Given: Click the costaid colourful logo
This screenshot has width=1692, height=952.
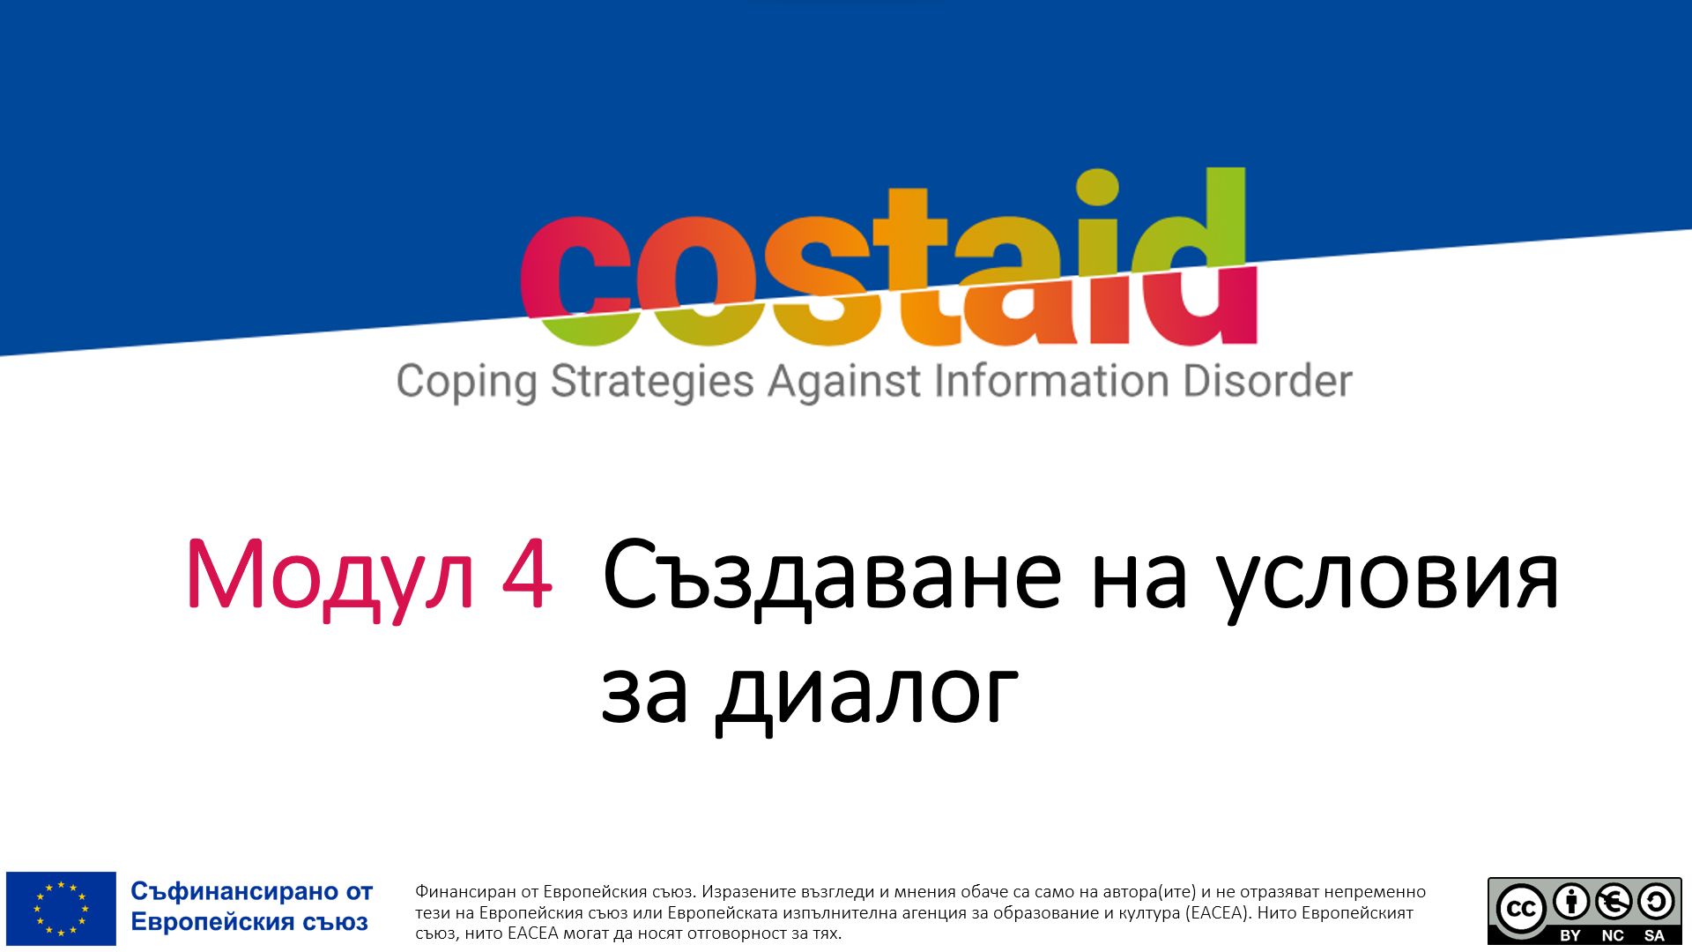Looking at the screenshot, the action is tap(888, 257).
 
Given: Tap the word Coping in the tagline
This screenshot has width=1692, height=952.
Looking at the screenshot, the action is tap(466, 383).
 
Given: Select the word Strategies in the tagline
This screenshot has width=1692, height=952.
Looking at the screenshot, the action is tap(652, 383).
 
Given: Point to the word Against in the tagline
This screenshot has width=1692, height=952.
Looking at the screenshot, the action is tap(844, 382).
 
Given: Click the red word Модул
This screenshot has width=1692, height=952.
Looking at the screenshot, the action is tap(330, 578).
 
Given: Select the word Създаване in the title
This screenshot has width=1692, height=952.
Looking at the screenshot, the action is tap(832, 578).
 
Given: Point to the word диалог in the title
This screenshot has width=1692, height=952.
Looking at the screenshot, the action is tap(867, 695).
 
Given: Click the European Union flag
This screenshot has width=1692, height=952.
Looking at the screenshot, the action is tap(61, 909).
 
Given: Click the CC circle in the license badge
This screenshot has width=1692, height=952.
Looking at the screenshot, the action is tap(1521, 909).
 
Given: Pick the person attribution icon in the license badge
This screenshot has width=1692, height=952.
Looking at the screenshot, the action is tap(1571, 902).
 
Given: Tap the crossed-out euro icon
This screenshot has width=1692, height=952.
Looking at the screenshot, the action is tap(1614, 902).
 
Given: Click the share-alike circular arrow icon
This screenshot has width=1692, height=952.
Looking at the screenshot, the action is tap(1656, 902).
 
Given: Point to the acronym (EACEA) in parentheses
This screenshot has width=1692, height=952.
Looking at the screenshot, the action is tap(1218, 913).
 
